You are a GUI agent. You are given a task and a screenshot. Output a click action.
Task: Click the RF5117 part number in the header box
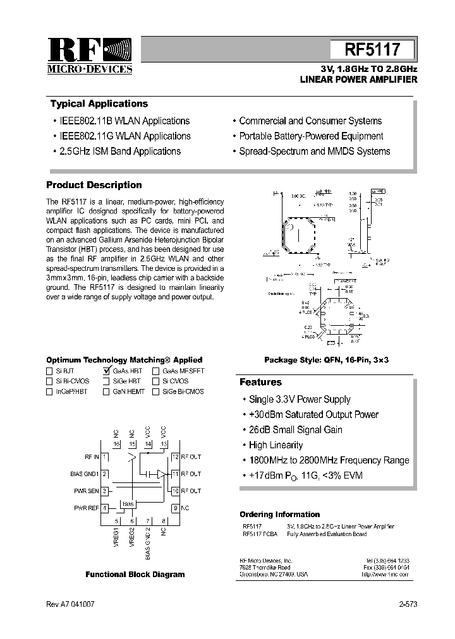coord(372,49)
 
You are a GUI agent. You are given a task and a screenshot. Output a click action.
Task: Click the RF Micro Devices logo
coord(90,56)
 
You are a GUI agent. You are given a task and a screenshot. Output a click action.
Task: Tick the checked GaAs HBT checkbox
coord(106,371)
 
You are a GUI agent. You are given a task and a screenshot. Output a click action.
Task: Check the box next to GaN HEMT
coord(106,391)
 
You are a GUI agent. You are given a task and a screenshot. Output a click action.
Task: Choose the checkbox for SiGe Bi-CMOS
coord(155,391)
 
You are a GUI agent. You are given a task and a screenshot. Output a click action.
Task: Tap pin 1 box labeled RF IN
coord(105,456)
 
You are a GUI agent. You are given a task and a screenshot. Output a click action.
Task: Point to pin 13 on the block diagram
coord(163,445)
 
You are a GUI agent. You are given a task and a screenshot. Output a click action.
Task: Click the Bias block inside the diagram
coord(128,503)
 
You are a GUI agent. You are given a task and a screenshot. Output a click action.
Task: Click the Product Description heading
coord(94,185)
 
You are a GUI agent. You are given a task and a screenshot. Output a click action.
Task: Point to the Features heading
coord(260,382)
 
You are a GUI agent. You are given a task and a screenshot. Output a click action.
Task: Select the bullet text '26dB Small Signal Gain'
coord(295,430)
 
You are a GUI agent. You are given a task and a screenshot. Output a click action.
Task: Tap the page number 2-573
coord(408,604)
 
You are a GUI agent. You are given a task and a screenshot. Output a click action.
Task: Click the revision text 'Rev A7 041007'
coord(71,604)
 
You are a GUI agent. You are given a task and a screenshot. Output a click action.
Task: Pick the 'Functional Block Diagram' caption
coord(135,574)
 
